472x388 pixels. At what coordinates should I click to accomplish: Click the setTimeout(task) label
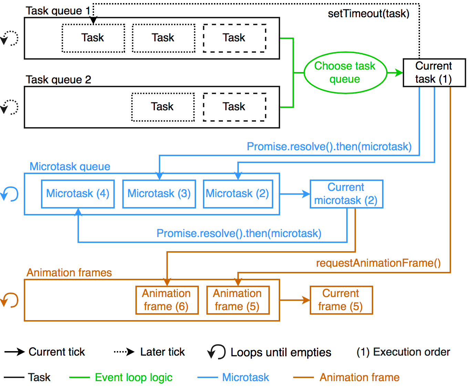(368, 13)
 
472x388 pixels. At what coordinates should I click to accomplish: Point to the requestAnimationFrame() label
(378, 263)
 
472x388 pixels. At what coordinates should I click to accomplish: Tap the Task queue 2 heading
(59, 80)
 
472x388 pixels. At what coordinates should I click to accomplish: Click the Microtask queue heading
(70, 166)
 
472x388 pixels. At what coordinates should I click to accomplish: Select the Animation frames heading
(69, 273)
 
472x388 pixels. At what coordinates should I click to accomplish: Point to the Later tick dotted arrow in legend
(124, 352)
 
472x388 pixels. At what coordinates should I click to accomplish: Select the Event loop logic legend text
(134, 377)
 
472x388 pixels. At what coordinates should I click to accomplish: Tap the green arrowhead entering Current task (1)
(399, 73)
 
